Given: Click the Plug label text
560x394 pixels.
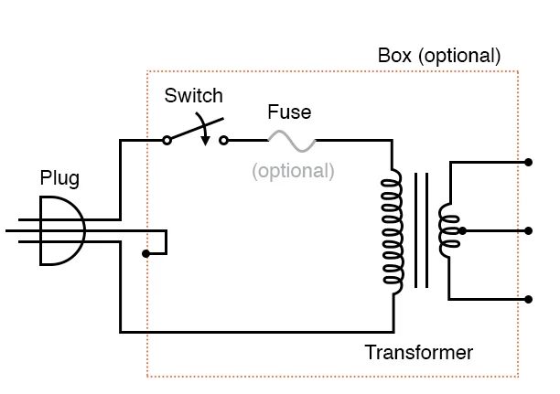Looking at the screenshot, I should tap(59, 177).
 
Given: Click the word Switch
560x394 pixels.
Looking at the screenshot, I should tap(193, 95).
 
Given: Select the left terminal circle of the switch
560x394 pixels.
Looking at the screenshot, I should tap(167, 141).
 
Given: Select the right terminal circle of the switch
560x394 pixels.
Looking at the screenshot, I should tap(225, 141).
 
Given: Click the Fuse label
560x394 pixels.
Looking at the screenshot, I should tap(289, 113).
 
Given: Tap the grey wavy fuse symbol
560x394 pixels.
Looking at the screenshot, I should tap(291, 141).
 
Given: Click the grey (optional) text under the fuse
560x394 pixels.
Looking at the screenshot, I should tap(293, 170).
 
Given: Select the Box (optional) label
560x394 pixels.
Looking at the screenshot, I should tap(439, 55).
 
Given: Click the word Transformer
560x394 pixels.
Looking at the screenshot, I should tap(419, 353).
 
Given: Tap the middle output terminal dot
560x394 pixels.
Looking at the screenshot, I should tap(529, 230).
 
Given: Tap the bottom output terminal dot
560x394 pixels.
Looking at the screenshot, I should tap(529, 299).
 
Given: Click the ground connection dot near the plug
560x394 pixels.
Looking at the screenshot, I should tap(147, 253).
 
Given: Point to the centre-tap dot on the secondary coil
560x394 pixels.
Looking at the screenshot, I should tap(463, 230).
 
